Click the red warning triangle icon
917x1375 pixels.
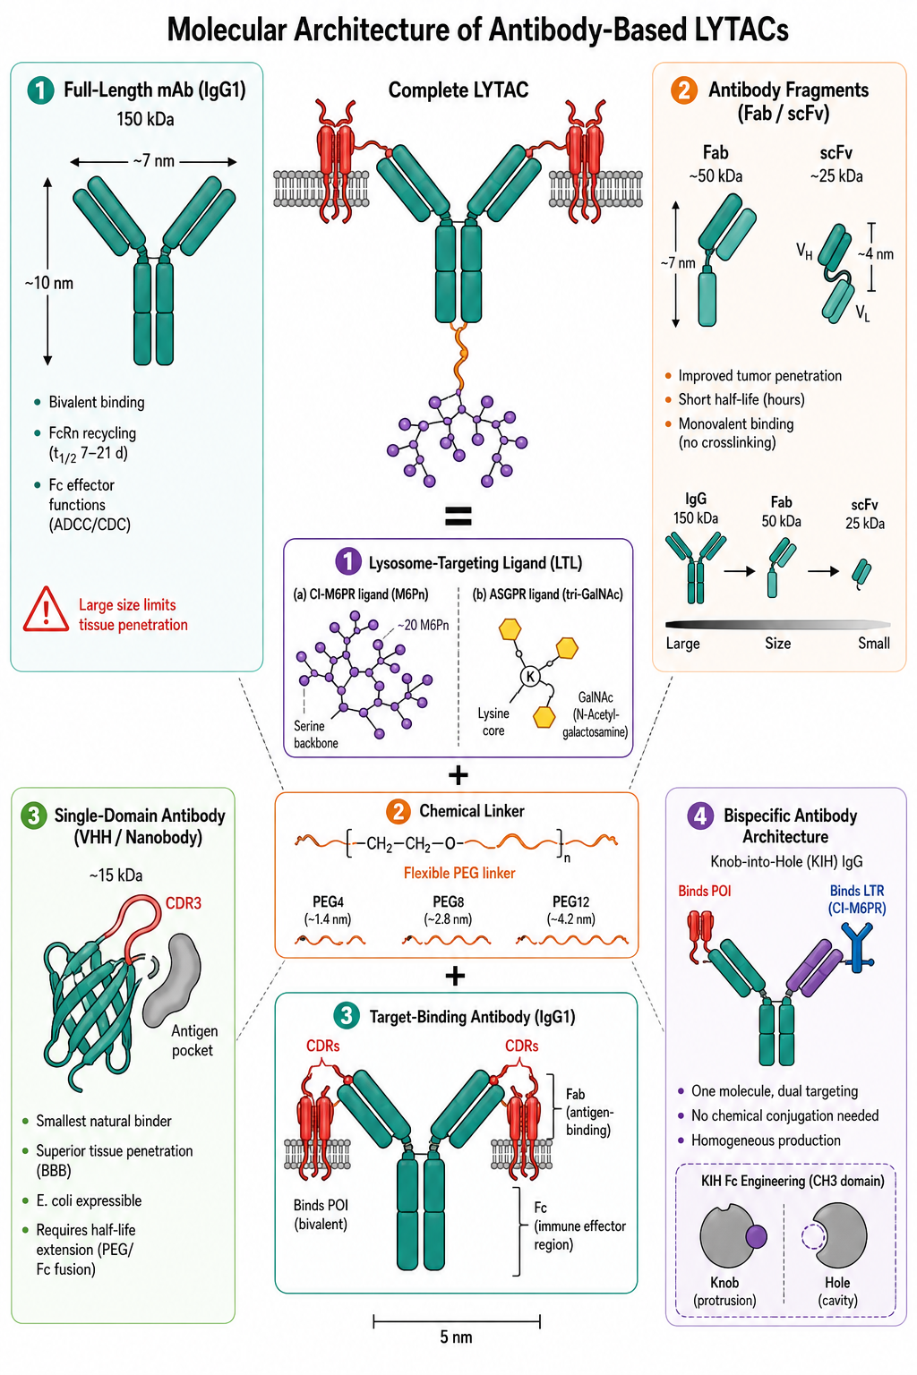[46, 611]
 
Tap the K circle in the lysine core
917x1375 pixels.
[529, 677]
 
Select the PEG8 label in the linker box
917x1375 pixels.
[448, 901]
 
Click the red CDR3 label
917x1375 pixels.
[183, 903]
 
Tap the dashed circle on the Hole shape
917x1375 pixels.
[814, 1237]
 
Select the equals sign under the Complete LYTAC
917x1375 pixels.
[458, 517]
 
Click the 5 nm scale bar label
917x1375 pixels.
[456, 1337]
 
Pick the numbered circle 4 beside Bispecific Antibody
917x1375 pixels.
[700, 816]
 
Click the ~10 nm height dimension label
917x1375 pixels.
[48, 283]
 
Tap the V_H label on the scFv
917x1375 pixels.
[804, 251]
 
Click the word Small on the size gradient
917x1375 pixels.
[873, 644]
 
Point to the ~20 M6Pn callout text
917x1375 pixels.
[423, 625]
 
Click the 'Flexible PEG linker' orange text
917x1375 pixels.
[458, 873]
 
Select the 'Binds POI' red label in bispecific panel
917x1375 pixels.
[705, 891]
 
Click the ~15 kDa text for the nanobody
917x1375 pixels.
[116, 875]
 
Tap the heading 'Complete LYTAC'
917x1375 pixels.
[458, 90]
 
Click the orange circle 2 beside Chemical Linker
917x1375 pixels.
[398, 812]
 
